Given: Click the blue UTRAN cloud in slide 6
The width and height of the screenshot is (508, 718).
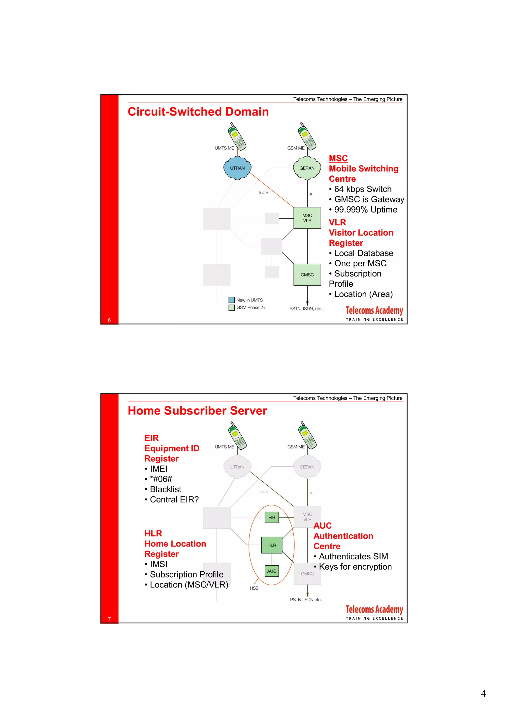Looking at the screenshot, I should click(237, 168).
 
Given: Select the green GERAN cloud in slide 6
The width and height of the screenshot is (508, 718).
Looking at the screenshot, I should click(307, 168).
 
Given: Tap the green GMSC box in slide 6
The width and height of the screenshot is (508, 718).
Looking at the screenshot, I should click(307, 275).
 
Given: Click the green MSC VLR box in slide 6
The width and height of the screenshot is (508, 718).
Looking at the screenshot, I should click(307, 218).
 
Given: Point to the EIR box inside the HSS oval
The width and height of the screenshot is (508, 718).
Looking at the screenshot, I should click(272, 518).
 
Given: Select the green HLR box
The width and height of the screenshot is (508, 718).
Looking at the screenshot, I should click(272, 545).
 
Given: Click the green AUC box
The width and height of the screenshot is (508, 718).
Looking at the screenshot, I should click(272, 571).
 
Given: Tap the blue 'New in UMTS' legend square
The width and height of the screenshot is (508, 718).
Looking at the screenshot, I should click(232, 300).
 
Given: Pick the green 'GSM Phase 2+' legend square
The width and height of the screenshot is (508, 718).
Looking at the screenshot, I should click(232, 308).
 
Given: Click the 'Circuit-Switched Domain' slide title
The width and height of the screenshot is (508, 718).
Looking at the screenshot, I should click(198, 112).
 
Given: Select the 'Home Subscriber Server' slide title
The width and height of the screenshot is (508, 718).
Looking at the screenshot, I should click(197, 411).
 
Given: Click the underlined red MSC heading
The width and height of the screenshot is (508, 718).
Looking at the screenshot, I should click(338, 158).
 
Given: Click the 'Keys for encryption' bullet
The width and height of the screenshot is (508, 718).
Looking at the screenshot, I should click(355, 567).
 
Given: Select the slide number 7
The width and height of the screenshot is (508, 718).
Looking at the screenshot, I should click(109, 619).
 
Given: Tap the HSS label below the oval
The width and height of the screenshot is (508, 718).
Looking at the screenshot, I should click(254, 588).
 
